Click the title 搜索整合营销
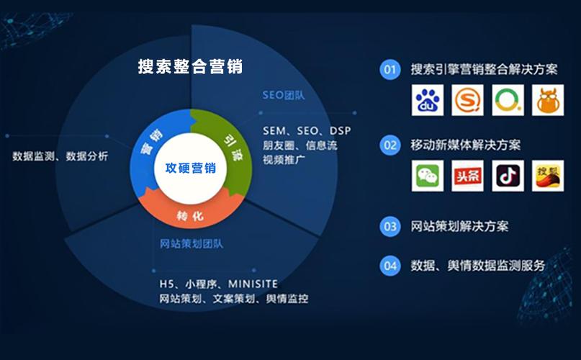[190, 67]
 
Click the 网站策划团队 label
[192, 243]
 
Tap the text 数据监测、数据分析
[60, 156]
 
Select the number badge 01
[390, 70]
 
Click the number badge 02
[390, 145]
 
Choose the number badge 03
[390, 226]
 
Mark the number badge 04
[390, 265]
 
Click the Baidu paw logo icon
[428, 100]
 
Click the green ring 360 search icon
[508, 100]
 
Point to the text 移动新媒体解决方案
[466, 145]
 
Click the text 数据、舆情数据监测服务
[478, 265]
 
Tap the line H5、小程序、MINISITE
[219, 284]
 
